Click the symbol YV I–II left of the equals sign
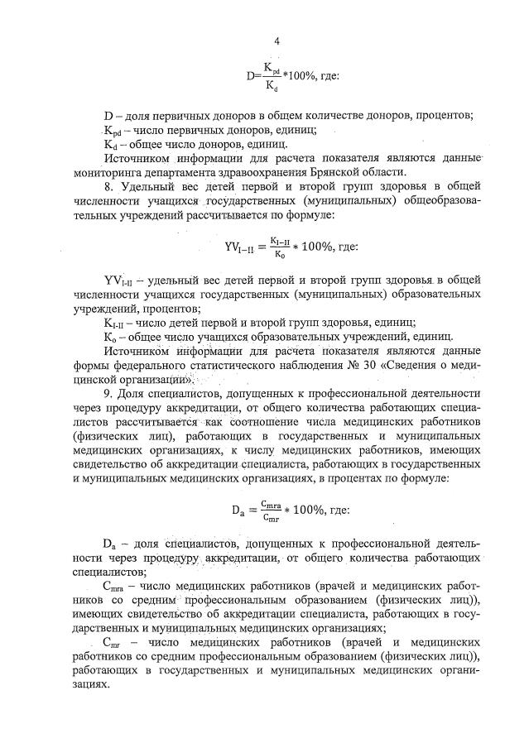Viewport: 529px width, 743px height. coord(241,246)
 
